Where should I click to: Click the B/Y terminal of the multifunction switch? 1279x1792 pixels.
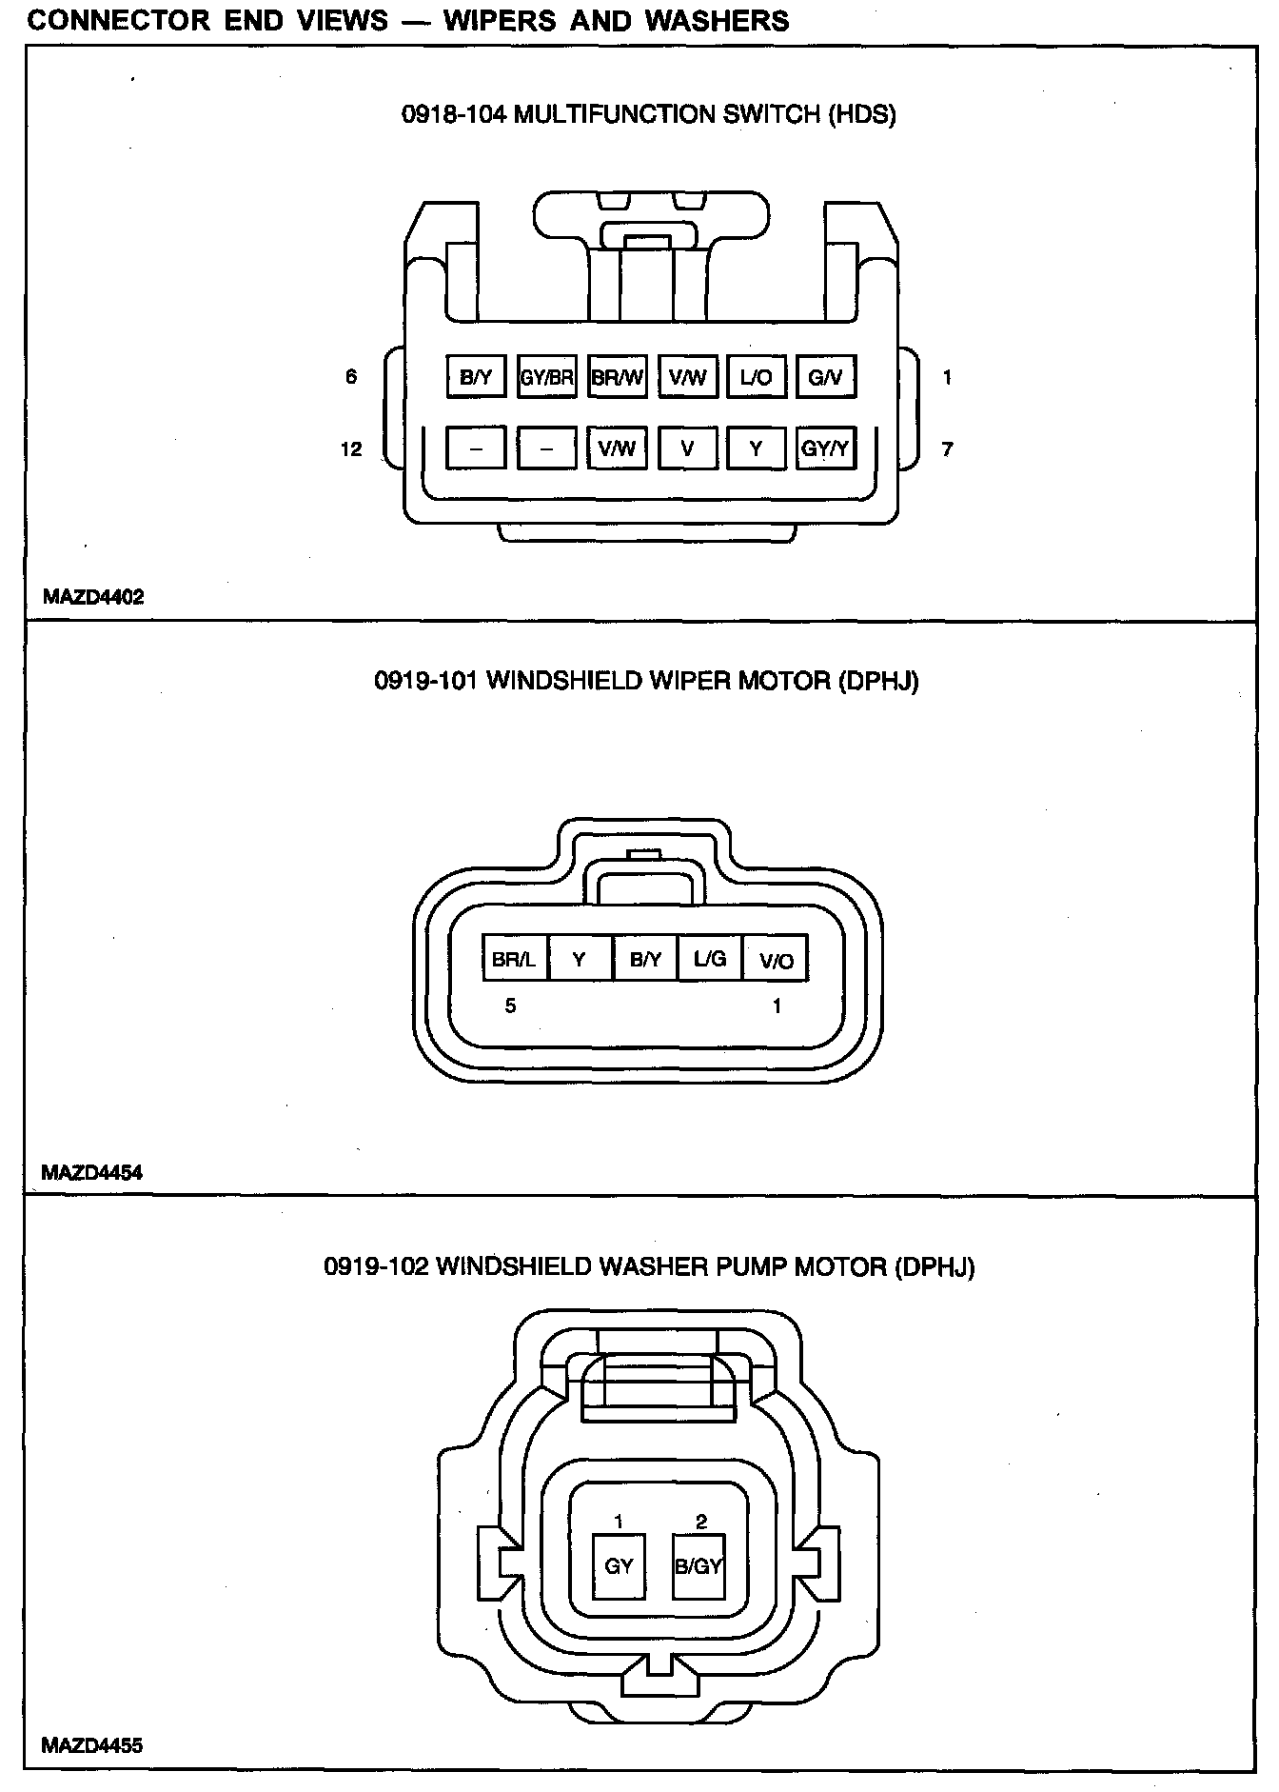(x=475, y=377)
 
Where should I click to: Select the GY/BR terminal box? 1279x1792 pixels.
(x=546, y=377)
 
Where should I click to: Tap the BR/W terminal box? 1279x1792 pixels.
(x=617, y=377)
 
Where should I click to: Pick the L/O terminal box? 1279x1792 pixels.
(x=756, y=377)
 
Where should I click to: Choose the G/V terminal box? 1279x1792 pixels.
(x=825, y=377)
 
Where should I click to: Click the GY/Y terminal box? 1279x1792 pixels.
(x=825, y=448)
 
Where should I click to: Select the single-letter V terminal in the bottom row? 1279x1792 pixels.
(x=687, y=448)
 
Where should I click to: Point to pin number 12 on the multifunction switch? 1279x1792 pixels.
(x=351, y=448)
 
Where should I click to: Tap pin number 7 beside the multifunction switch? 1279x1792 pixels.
(x=947, y=448)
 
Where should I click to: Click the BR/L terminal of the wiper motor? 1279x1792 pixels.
(x=514, y=959)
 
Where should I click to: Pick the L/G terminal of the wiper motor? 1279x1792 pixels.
(x=710, y=959)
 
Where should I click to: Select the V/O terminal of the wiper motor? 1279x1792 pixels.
(x=776, y=960)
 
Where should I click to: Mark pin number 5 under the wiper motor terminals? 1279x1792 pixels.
(x=510, y=1006)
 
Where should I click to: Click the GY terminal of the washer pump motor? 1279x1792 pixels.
(x=619, y=1565)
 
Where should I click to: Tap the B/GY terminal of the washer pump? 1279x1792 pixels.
(x=699, y=1565)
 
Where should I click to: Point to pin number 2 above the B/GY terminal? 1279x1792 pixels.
(x=701, y=1522)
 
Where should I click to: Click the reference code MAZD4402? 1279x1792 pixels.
(x=93, y=597)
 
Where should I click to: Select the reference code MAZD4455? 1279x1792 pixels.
(x=92, y=1745)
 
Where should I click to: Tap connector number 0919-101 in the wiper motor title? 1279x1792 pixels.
(x=426, y=681)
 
